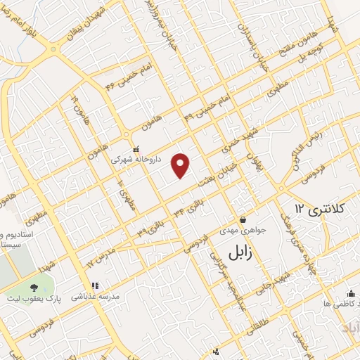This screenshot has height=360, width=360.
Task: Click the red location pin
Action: pos(181,164)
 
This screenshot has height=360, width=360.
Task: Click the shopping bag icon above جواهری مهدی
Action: pos(242,220)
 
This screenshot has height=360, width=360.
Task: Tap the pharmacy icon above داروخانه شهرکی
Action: pos(136,149)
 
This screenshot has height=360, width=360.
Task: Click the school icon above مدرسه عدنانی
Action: pos(96,286)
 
